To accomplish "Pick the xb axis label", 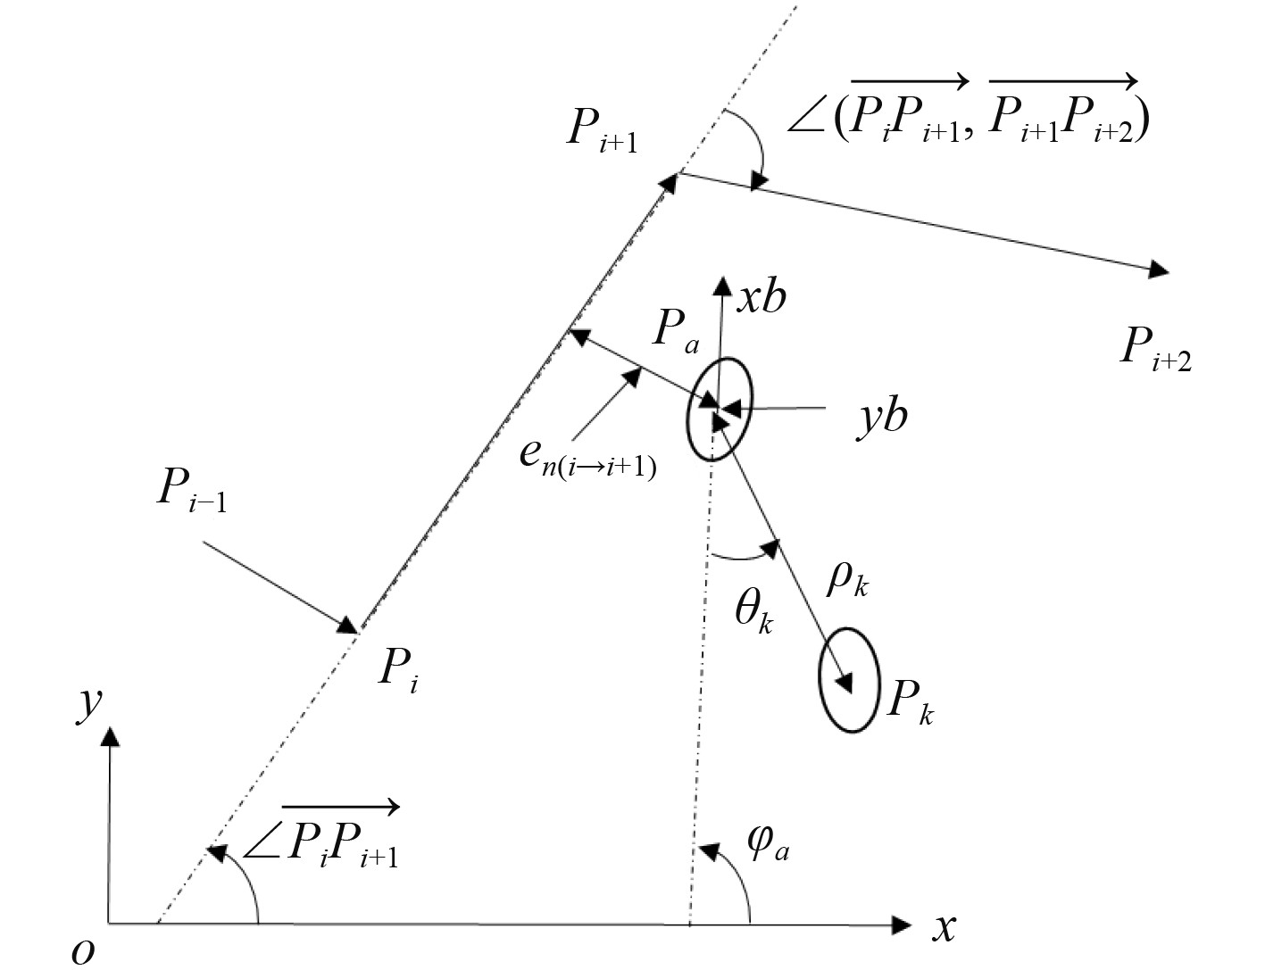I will [761, 295].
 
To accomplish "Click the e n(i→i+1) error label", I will [587, 457].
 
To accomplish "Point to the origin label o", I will [83, 950].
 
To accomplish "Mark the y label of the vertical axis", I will [87, 706].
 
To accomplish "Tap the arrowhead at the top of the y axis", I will [110, 735].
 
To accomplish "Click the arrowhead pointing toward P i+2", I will [1158, 269].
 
